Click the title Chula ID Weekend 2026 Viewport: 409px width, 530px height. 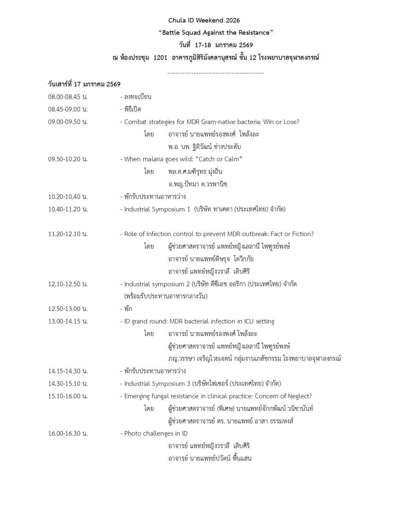[x=204, y=20]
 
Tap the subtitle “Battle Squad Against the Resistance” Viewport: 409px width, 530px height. [x=216, y=32]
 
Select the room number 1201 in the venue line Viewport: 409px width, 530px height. [x=160, y=58]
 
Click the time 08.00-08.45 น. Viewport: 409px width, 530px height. [x=68, y=97]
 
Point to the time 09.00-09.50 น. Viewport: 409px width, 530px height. [x=68, y=122]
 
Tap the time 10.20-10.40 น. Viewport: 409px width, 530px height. [x=68, y=197]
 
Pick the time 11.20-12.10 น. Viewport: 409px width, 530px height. [x=68, y=234]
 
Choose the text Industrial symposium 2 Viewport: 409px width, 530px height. [x=157, y=284]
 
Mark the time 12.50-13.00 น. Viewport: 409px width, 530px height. [x=68, y=309]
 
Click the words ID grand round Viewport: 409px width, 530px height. [x=145, y=321]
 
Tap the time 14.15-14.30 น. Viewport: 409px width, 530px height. [x=68, y=371]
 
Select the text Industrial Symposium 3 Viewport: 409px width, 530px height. [x=157, y=384]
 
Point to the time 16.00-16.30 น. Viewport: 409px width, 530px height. [x=68, y=433]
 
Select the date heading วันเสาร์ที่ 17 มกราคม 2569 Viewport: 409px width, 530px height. [x=84, y=84]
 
